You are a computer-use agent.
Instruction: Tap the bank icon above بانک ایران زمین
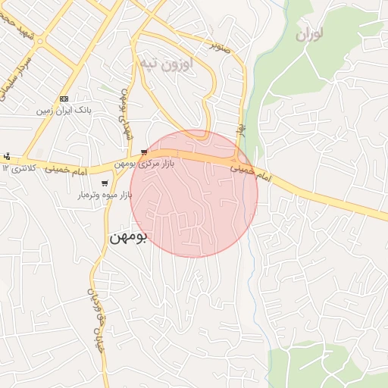(64, 99)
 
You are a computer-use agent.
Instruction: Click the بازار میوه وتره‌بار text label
(103, 195)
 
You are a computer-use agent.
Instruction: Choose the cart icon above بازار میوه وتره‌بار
(104, 183)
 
